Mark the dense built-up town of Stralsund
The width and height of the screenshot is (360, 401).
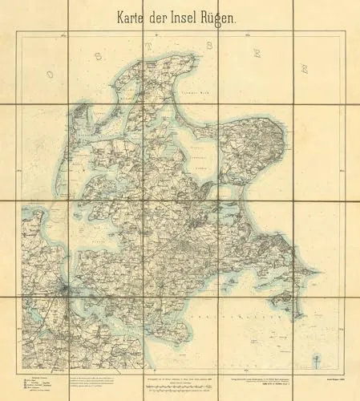coord(66,285)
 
